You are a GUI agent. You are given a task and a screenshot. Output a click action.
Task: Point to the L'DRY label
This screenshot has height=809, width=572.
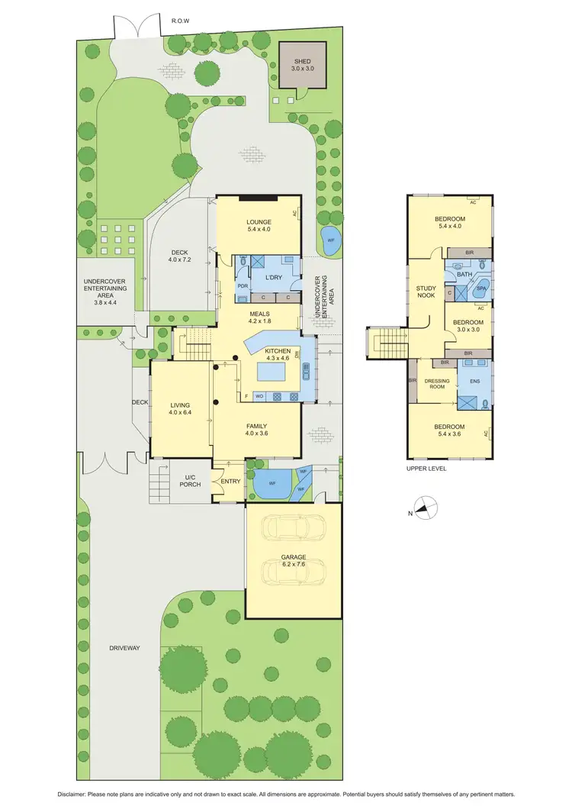click(274, 279)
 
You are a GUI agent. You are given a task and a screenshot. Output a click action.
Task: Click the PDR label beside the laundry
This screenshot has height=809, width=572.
click(242, 286)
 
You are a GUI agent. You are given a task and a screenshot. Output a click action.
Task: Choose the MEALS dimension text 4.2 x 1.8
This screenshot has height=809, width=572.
click(259, 321)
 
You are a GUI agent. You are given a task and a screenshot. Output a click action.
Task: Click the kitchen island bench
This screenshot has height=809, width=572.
click(271, 372)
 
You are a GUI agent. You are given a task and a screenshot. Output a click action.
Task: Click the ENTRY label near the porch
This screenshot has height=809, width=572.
click(230, 482)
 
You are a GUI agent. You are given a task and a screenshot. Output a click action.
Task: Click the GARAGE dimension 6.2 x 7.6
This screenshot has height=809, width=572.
click(293, 566)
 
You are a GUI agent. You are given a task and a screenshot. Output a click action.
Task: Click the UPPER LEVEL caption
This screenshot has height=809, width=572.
click(427, 469)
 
